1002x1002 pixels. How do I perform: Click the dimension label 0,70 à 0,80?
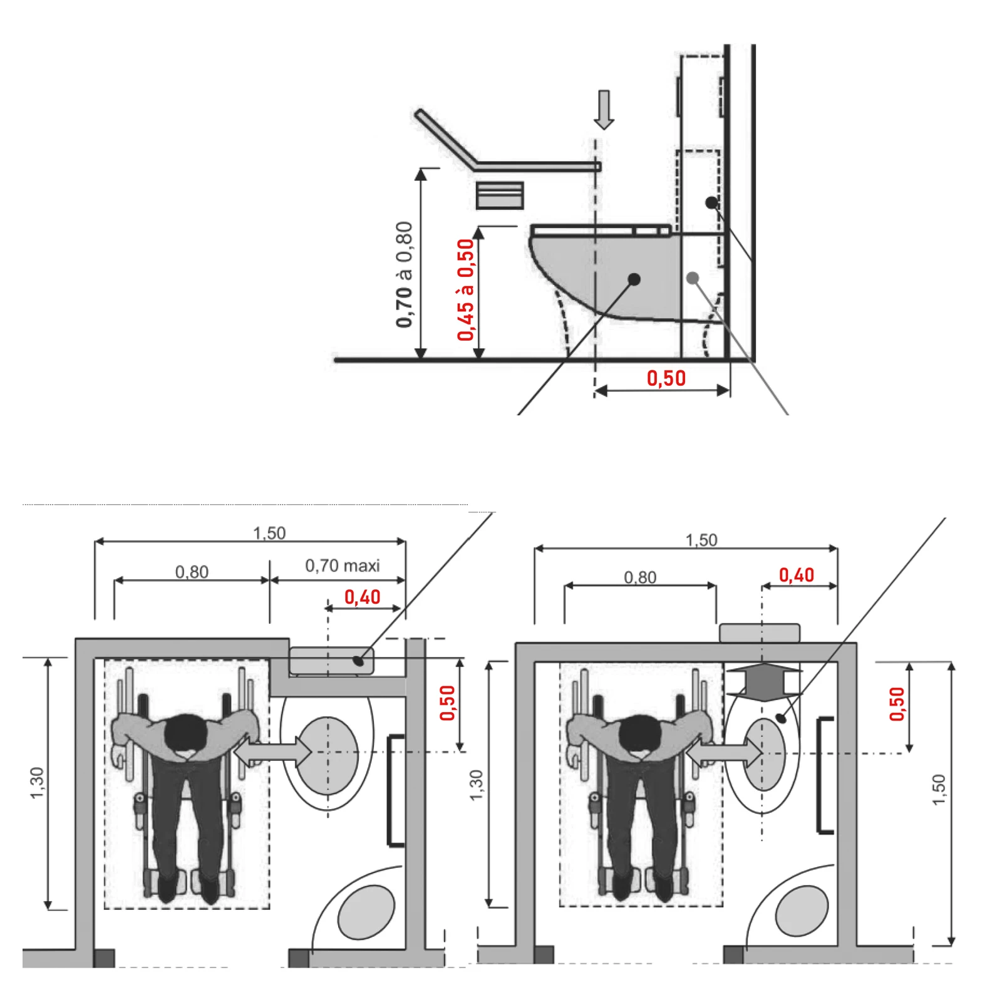click(x=405, y=274)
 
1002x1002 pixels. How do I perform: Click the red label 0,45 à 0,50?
click(x=465, y=289)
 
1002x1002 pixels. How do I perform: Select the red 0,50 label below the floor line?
click(x=666, y=378)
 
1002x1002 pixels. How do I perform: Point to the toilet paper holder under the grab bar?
click(x=499, y=195)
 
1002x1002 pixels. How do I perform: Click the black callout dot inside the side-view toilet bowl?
click(x=634, y=279)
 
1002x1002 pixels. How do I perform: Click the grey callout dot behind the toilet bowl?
click(x=692, y=278)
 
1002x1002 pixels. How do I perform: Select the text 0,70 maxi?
click(x=342, y=566)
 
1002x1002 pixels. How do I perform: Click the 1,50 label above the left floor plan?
click(x=269, y=533)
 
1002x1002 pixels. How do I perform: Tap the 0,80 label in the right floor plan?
click(x=639, y=577)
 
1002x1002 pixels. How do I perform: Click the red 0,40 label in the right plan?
click(x=796, y=575)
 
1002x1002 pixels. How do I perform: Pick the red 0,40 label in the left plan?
click(x=362, y=597)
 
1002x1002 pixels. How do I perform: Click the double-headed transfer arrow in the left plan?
click(x=273, y=750)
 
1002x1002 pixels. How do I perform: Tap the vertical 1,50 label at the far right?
click(x=938, y=790)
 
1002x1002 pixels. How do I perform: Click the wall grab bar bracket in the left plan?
click(x=395, y=790)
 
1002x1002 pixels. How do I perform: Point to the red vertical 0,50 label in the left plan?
click(x=447, y=703)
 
